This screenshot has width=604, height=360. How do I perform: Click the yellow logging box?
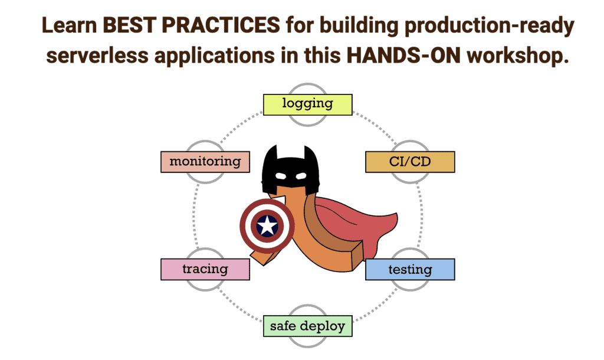click(307, 104)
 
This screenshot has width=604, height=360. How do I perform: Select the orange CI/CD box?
click(410, 162)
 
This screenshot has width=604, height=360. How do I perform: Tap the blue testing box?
click(410, 270)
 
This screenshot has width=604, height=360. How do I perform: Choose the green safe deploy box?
click(307, 326)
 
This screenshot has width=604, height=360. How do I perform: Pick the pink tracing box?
click(205, 269)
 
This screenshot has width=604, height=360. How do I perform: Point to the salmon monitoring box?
click(205, 162)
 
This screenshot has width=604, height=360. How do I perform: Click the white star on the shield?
click(267, 226)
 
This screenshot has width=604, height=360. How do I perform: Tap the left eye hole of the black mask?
click(281, 176)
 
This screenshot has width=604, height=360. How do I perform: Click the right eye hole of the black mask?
click(300, 176)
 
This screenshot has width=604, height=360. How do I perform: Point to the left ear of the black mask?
click(271, 152)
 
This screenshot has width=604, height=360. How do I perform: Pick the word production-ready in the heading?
click(489, 26)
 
